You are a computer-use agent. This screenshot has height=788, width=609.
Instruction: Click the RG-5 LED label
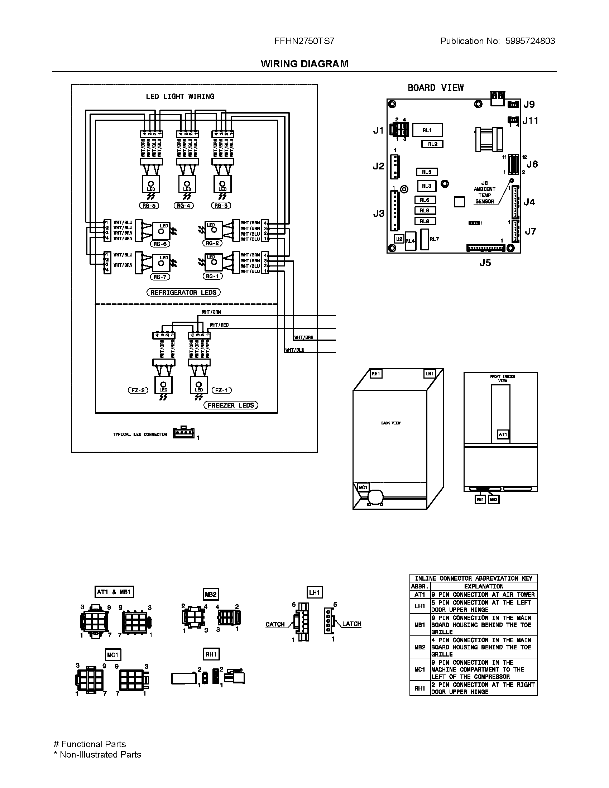tap(149, 206)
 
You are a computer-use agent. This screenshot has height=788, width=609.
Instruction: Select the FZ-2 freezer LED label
tap(138, 390)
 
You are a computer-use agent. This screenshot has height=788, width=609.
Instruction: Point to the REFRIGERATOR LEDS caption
tap(183, 292)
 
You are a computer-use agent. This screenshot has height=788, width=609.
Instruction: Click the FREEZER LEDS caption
tap(231, 405)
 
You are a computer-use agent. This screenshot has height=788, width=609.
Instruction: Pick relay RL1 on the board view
tap(427, 130)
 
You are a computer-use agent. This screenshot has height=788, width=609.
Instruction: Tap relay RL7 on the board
tap(425, 239)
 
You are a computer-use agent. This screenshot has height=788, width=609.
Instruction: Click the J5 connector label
tap(485, 263)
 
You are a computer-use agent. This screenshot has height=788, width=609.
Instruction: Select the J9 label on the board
tap(529, 105)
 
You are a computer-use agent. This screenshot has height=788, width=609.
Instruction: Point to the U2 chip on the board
tap(399, 239)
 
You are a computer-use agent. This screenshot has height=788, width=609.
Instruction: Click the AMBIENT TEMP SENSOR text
tap(485, 195)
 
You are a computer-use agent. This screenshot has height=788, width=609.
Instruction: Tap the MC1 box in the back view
tap(363, 487)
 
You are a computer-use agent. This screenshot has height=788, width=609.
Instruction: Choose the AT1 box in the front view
tap(503, 434)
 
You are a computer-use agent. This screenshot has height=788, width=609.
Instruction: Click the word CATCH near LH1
tap(275, 624)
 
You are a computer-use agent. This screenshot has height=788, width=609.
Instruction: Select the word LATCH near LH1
tap(351, 624)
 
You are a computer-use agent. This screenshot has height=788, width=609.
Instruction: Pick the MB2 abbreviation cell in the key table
tap(420, 647)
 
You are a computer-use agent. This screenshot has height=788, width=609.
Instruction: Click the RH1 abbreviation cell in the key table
tap(420, 688)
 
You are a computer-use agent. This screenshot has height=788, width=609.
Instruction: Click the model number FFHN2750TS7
tap(304, 41)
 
